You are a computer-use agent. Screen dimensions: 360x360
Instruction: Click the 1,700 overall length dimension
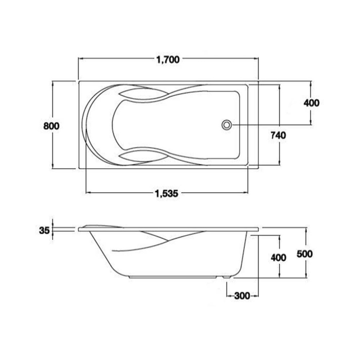coord(168,60)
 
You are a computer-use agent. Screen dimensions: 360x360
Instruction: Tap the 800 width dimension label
coord(52,126)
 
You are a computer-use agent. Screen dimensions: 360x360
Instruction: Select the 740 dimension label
coord(278,135)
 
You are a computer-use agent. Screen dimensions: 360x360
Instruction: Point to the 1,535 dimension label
coord(167,194)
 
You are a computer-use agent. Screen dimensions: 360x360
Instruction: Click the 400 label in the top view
coord(311,103)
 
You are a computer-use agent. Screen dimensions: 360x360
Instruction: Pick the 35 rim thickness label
coord(44,230)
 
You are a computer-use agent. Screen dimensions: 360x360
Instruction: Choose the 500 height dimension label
coord(305,254)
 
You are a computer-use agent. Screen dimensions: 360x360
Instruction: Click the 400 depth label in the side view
coord(278,258)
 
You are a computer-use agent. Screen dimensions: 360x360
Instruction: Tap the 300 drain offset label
coord(242,296)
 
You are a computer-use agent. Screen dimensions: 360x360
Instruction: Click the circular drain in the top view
coord(227,125)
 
